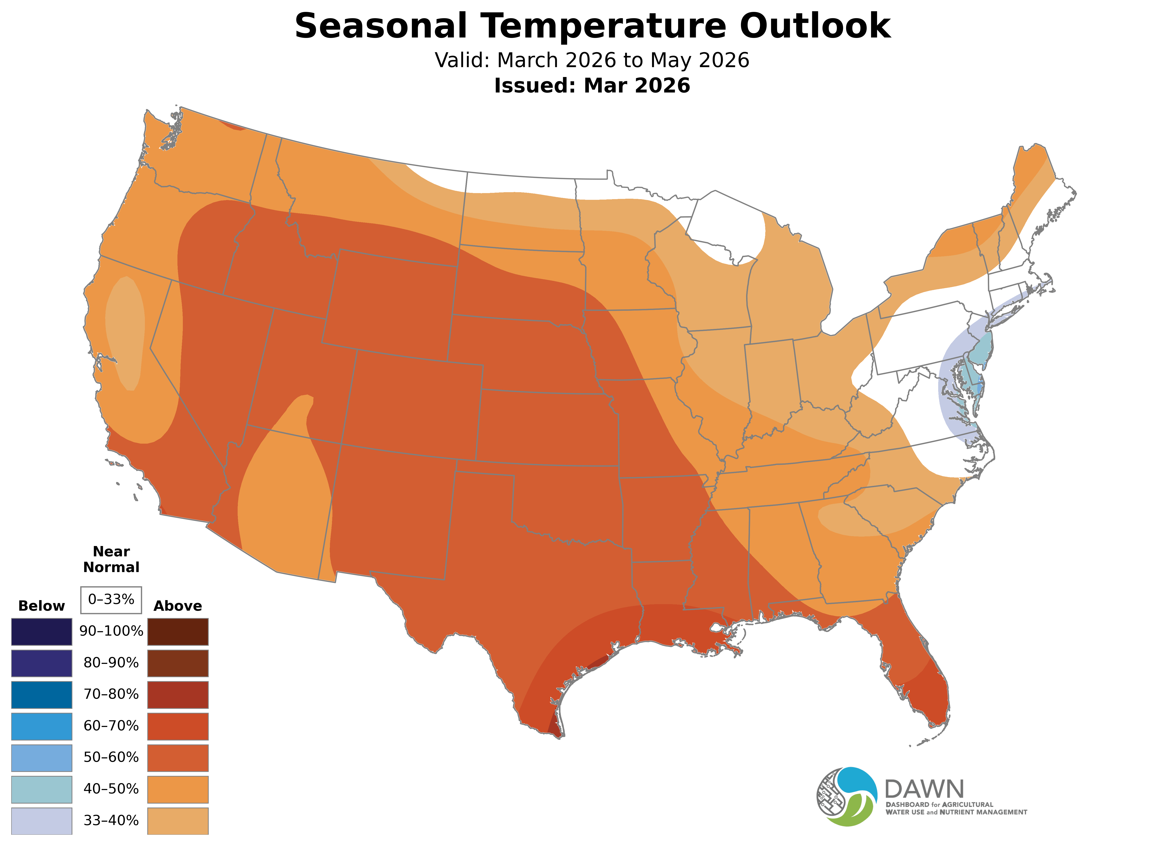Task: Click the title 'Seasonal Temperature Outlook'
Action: pos(592,26)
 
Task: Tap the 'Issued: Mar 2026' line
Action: pos(592,86)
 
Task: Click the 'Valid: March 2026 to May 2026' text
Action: pos(592,60)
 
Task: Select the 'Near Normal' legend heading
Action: pos(111,559)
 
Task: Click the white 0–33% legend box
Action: pos(111,599)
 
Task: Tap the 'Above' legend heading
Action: pos(178,606)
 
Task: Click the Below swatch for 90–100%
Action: pos(42,632)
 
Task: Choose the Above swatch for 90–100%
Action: pos(178,632)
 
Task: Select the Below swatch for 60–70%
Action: pos(42,726)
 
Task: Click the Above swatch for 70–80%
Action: pos(178,695)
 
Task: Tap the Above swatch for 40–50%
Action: pos(178,789)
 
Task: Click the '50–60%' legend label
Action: pos(111,757)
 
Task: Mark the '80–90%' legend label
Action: pos(111,663)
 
